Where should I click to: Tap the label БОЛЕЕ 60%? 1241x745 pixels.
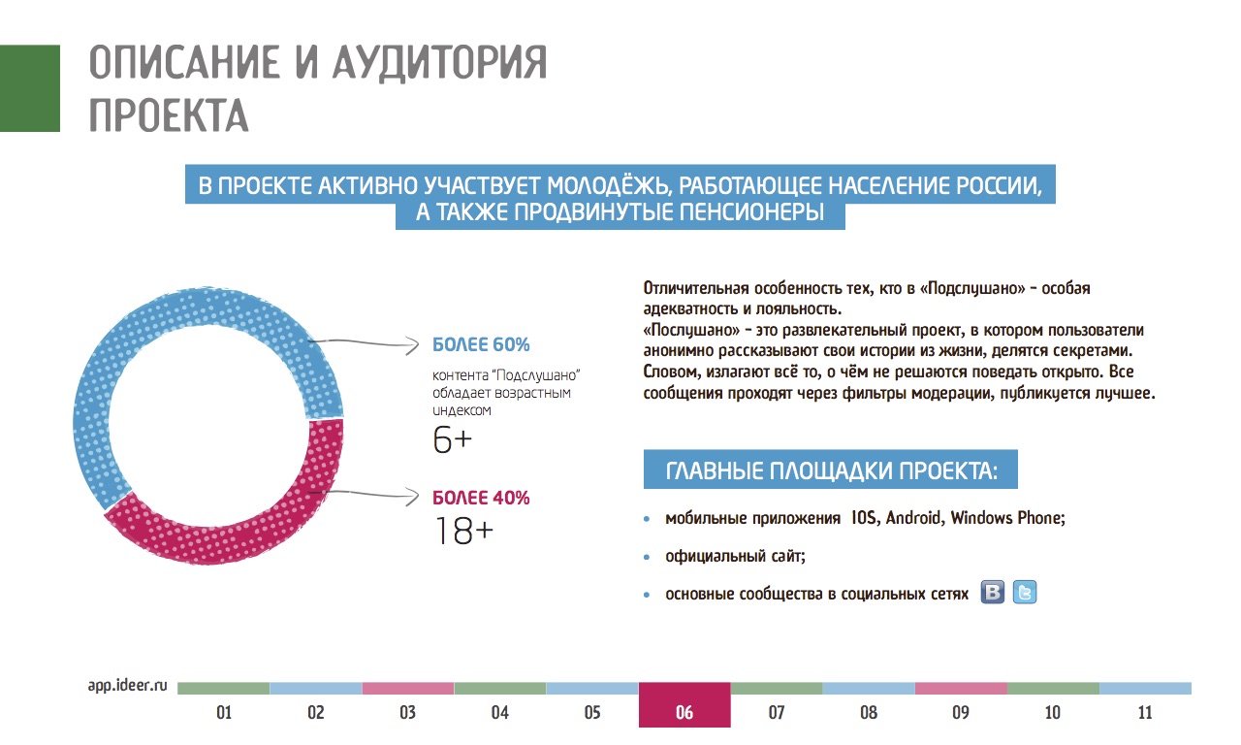pos(481,344)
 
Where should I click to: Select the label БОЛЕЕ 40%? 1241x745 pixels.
pos(481,499)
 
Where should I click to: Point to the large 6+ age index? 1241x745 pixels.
pos(452,441)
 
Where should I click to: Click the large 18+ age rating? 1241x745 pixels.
pos(463,531)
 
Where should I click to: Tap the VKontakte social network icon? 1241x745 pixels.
pos(993,593)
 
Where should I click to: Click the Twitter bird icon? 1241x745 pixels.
pos(1025,593)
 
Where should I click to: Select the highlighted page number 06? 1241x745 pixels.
pos(684,712)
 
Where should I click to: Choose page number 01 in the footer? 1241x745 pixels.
pos(223,713)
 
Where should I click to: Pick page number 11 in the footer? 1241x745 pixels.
pos(1145,713)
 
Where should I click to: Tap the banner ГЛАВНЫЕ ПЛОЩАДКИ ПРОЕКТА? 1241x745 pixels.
pos(831,471)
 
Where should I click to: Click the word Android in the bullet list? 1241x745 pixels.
pos(913,518)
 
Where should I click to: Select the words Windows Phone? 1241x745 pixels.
pos(1006,518)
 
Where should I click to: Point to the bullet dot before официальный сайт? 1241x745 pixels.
pos(647,558)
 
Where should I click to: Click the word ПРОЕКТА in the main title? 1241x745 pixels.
pos(169,114)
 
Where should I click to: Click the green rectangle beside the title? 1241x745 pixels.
pos(29,87)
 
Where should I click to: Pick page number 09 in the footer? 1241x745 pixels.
pos(961,713)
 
